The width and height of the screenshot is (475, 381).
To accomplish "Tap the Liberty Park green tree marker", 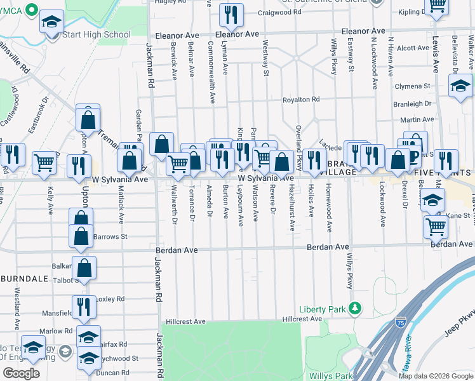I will click(356, 309).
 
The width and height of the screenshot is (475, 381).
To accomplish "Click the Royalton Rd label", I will click(301, 100).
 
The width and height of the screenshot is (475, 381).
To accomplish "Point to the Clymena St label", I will click(412, 86).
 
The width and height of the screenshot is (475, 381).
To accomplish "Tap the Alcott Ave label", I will click(413, 48).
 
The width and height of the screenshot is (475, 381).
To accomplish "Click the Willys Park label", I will click(330, 376).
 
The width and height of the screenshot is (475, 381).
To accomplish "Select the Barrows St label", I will click(110, 237).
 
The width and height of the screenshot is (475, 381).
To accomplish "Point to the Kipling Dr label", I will click(414, 12).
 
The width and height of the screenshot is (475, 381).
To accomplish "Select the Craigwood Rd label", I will click(279, 12).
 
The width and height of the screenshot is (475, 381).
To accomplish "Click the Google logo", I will click(20, 373).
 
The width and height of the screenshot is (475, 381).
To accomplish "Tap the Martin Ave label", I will click(417, 119).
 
